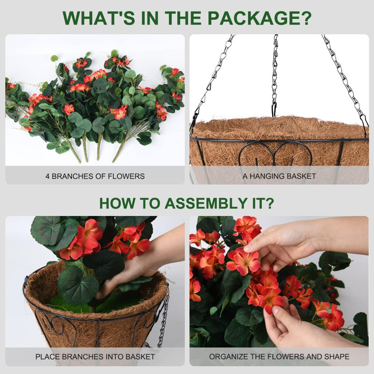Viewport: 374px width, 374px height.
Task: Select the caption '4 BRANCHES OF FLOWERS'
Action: coord(95,176)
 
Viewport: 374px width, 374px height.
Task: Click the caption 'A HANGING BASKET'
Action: coord(279,176)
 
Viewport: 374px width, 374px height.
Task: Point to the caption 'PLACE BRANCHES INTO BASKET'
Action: coord(95,357)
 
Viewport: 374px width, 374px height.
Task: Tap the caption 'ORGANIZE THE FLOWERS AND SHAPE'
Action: coord(279,357)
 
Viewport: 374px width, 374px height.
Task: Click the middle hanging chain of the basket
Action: coord(275,75)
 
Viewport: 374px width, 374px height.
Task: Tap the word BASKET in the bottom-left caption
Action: coord(143,357)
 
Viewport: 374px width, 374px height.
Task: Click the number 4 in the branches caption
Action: coord(47,176)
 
